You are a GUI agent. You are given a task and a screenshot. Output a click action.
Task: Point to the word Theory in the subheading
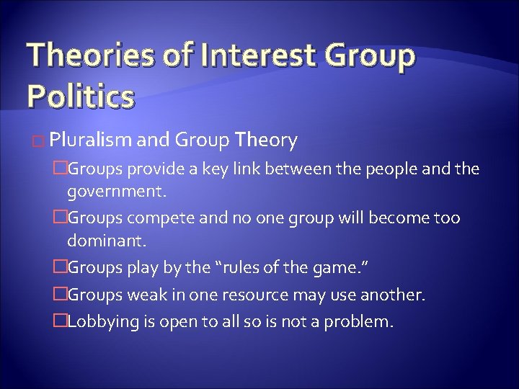tap(267, 141)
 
